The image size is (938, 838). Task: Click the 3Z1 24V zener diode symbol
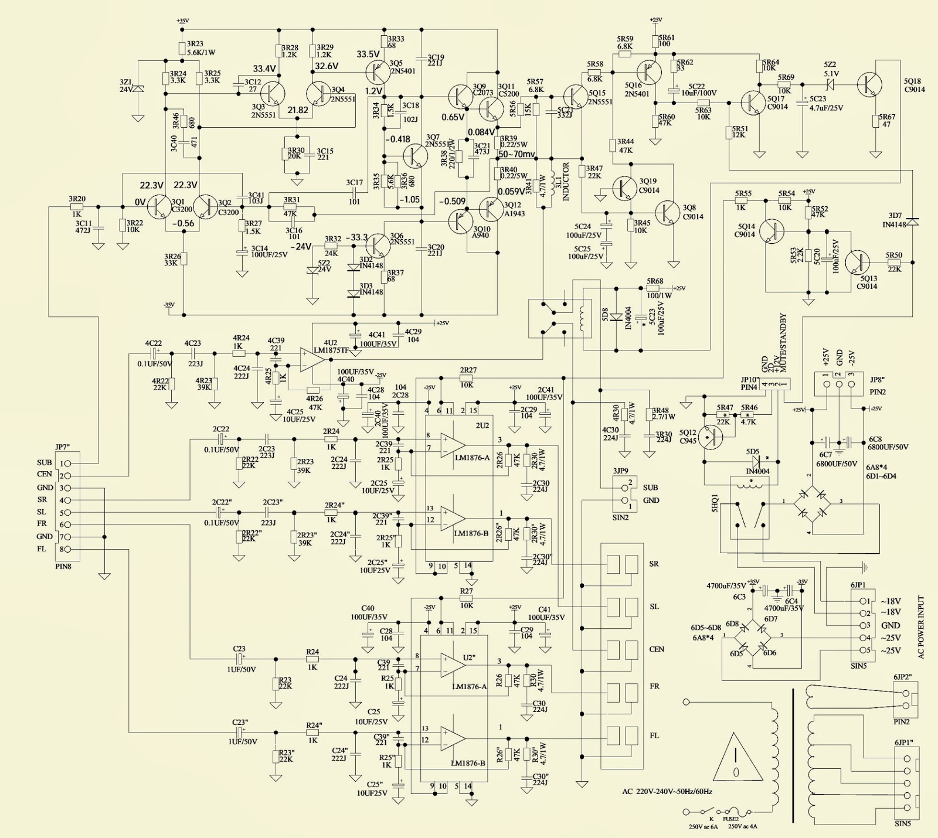(x=138, y=90)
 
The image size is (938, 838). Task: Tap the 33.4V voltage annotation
(x=264, y=69)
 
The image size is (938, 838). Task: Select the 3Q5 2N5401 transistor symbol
(x=375, y=71)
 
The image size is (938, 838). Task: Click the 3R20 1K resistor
(x=77, y=206)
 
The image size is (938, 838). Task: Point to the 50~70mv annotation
(x=516, y=155)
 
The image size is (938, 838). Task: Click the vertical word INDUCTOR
(x=566, y=182)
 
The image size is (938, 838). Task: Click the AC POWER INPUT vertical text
(x=920, y=627)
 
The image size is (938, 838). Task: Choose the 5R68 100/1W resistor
(x=655, y=289)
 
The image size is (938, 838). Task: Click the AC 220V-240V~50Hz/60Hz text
(x=667, y=792)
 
